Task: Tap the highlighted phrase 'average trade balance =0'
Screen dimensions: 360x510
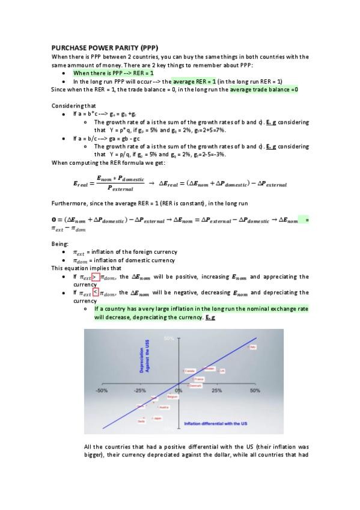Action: [264, 90]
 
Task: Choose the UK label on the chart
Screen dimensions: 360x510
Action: [222, 370]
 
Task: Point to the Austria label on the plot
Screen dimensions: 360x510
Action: [163, 407]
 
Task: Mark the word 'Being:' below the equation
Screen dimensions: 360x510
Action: [61, 244]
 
